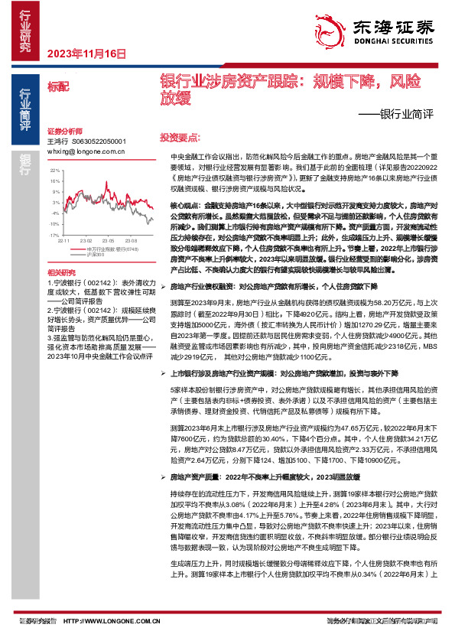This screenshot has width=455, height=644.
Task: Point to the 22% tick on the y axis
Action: (x=53, y=170)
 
